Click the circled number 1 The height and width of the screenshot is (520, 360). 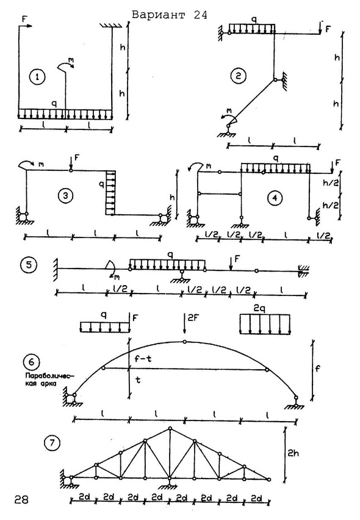tap(37, 77)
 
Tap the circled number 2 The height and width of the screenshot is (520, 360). tap(238, 76)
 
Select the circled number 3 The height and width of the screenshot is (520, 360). tap(65, 196)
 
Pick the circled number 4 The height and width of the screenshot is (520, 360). tap(275, 198)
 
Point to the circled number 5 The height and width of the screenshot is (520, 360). tap(28, 265)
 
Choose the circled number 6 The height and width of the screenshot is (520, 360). tap(32, 362)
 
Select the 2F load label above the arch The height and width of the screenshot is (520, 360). tap(193, 318)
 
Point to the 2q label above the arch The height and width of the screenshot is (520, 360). tap(264, 309)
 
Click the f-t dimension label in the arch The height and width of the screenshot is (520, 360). tap(143, 358)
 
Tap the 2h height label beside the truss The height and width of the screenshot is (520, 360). tap(293, 453)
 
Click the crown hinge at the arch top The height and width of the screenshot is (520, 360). tap(185, 342)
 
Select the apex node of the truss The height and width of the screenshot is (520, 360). tap(170, 428)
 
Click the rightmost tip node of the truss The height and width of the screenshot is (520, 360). tap(269, 479)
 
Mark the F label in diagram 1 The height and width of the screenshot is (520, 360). tap(24, 19)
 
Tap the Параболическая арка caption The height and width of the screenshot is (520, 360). tap(40, 380)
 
